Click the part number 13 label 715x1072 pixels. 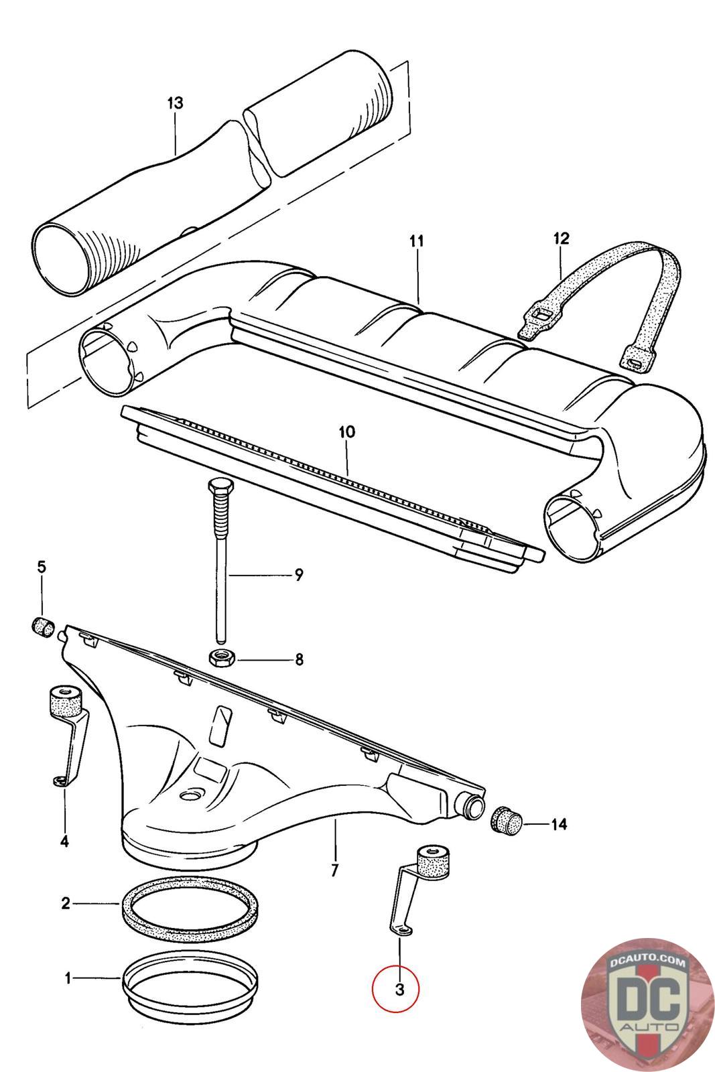pos(175,103)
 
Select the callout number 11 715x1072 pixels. pos(417,241)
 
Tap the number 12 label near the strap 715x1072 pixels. pos(561,238)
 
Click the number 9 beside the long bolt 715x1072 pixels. pos(299,574)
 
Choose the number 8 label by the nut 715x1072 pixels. pos(299,660)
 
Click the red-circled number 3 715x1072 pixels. pos(399,989)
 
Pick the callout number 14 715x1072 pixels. pos(559,824)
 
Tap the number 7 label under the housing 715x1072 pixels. pos(334,870)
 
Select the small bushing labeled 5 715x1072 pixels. pos(44,628)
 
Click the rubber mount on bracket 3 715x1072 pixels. pos(432,861)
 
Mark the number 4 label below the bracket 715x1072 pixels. pos(64,841)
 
